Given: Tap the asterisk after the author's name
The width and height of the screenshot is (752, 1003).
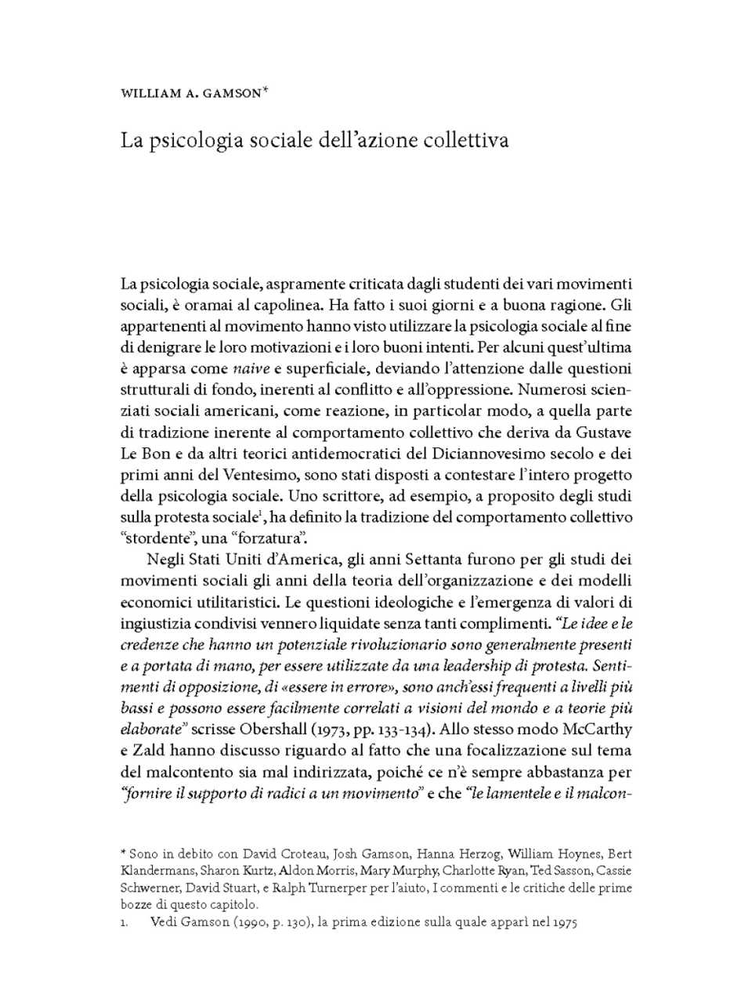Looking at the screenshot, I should tap(266, 90).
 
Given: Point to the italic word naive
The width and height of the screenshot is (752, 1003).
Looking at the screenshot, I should tap(251, 368).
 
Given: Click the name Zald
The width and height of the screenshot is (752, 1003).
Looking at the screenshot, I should tap(152, 750).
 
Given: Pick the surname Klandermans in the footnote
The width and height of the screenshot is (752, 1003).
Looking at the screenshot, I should tap(157, 870).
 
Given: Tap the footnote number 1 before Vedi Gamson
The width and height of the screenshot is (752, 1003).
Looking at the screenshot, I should tap(124, 922).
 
